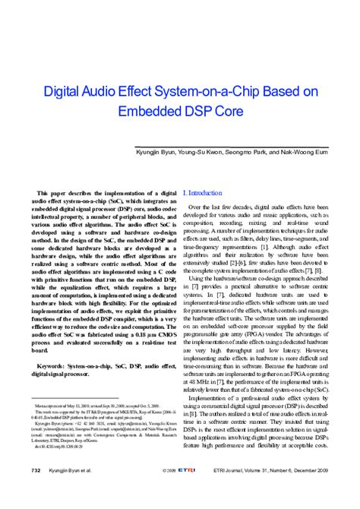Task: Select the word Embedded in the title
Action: (x=155, y=113)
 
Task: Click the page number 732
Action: (x=35, y=492)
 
